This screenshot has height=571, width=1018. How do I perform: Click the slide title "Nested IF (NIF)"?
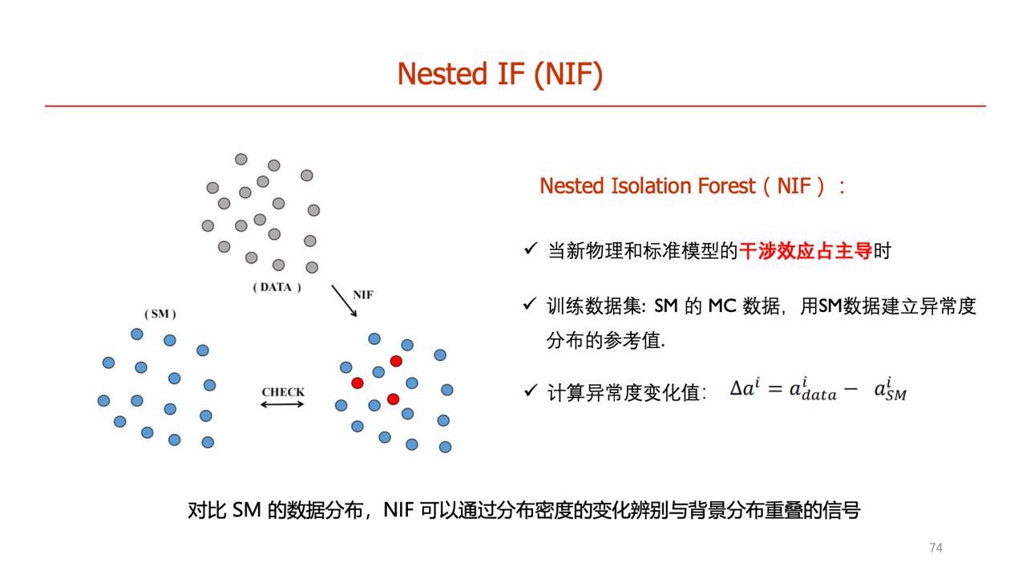pyautogui.click(x=500, y=74)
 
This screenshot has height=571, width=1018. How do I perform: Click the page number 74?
pyautogui.click(x=935, y=548)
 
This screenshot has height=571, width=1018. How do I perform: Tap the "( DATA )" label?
pyautogui.click(x=277, y=287)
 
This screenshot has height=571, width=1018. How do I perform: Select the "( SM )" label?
pyautogui.click(x=160, y=314)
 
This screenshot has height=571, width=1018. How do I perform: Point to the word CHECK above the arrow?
pyautogui.click(x=283, y=392)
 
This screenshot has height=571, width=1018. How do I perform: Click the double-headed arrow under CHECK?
pyautogui.click(x=282, y=404)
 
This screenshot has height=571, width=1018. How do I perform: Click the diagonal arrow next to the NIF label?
pyautogui.click(x=344, y=301)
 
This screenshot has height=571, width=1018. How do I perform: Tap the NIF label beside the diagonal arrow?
pyautogui.click(x=363, y=295)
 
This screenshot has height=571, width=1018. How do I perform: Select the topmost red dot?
pyautogui.click(x=396, y=361)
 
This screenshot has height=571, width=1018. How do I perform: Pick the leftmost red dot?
pyautogui.click(x=358, y=383)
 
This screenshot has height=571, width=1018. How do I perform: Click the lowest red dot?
pyautogui.click(x=393, y=399)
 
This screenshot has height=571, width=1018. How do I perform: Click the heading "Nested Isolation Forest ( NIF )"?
pyautogui.click(x=692, y=186)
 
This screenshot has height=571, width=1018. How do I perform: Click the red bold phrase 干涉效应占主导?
pyautogui.click(x=806, y=251)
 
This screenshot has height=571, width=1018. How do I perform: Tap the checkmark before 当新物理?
pyautogui.click(x=531, y=249)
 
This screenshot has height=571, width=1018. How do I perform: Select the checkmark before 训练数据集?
pyautogui.click(x=530, y=304)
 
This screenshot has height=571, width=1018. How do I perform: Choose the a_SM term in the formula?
pyautogui.click(x=891, y=390)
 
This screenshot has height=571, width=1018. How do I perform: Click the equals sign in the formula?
pyautogui.click(x=775, y=389)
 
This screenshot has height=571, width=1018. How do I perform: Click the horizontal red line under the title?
pyautogui.click(x=515, y=107)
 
